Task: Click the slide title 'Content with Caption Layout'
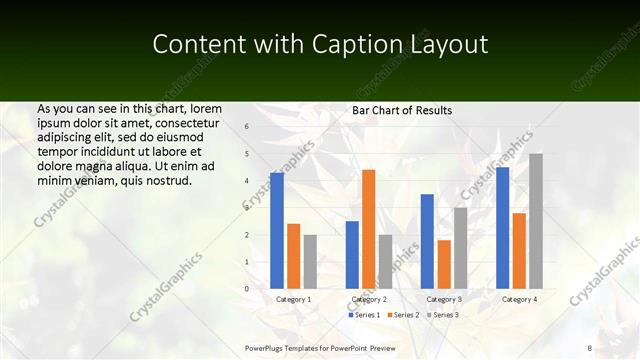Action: click(x=320, y=45)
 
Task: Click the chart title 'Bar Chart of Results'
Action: click(x=402, y=110)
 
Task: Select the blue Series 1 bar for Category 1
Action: click(x=277, y=231)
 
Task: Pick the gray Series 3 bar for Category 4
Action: click(x=536, y=221)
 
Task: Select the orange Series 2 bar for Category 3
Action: click(x=444, y=264)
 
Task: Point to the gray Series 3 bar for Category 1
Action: click(x=310, y=262)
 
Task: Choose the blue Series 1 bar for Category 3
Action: click(x=427, y=241)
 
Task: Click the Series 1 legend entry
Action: click(x=364, y=315)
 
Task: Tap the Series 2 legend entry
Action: click(x=402, y=315)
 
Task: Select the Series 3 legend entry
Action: click(x=441, y=315)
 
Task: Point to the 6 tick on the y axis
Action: click(x=247, y=127)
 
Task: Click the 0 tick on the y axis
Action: click(x=247, y=289)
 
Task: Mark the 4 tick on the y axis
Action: click(x=247, y=181)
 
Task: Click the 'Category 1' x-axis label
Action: click(x=293, y=299)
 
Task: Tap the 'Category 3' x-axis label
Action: click(x=444, y=299)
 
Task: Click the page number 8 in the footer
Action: click(x=590, y=347)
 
